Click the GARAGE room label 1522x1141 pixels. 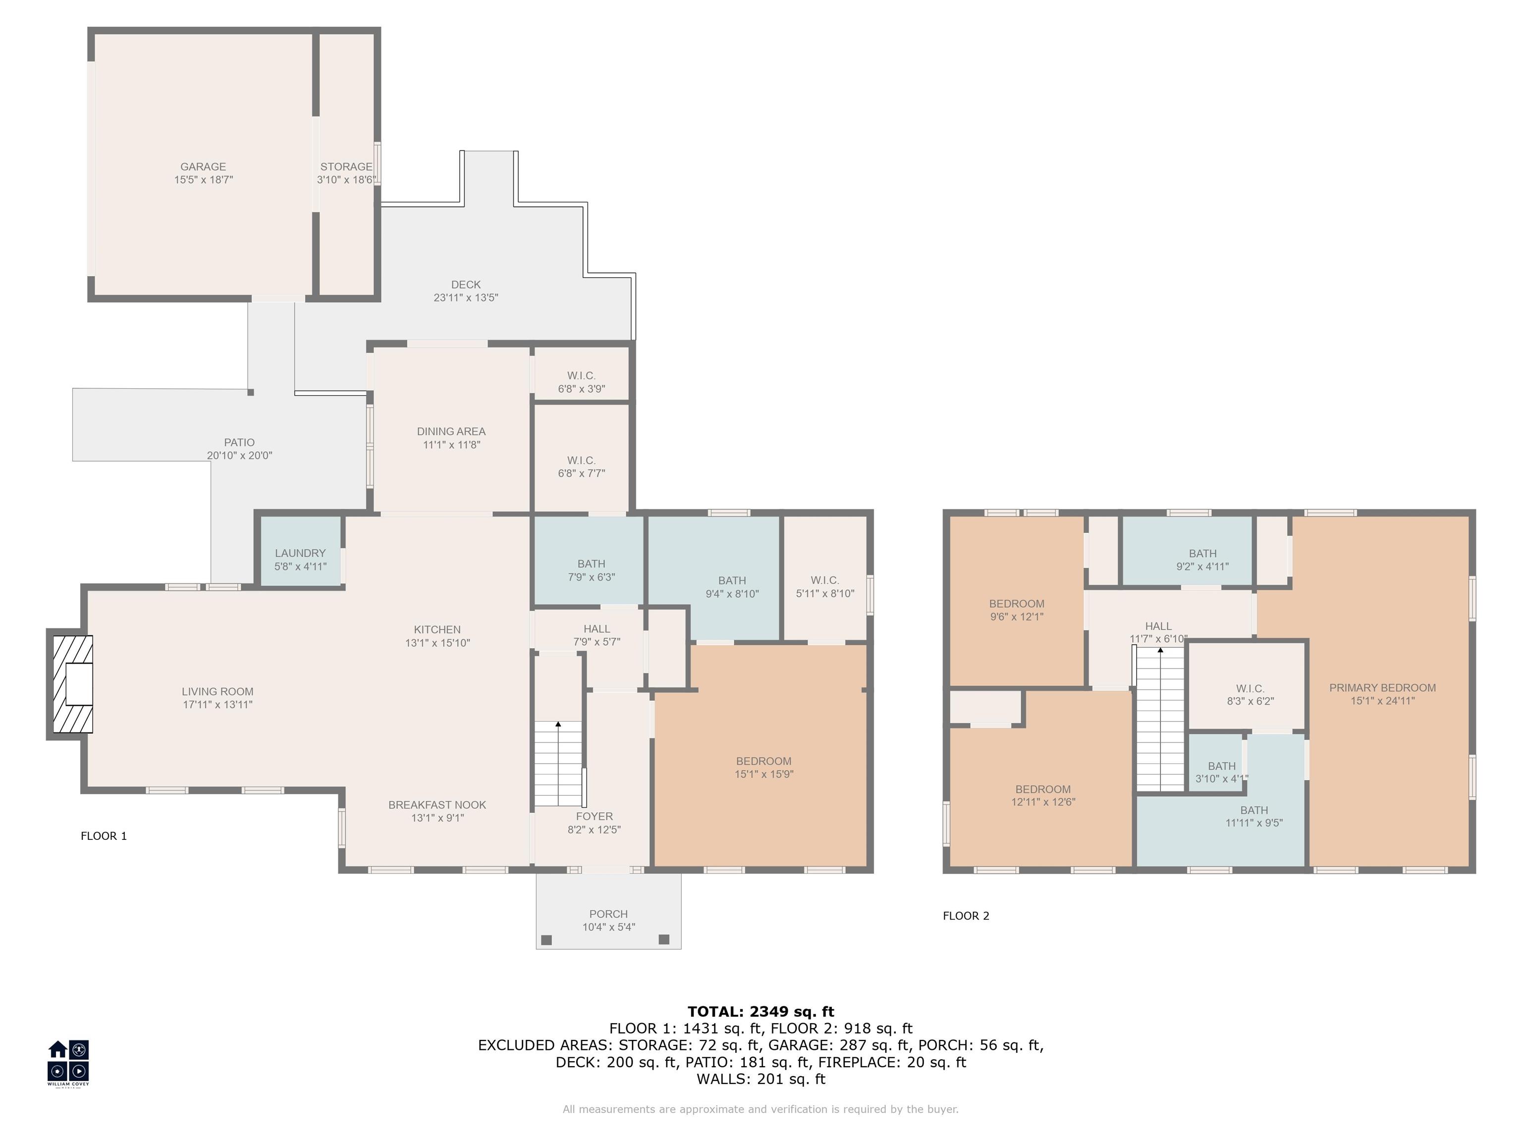[x=203, y=166]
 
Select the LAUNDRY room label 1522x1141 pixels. [x=300, y=553]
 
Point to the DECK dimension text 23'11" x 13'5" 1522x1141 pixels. [x=466, y=298]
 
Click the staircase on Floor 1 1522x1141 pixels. [x=558, y=764]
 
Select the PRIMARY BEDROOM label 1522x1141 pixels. [x=1382, y=688]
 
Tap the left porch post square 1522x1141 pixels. [x=546, y=939]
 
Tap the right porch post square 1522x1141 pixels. [x=664, y=939]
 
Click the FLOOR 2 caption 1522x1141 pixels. [x=965, y=915]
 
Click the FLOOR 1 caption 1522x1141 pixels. [x=104, y=835]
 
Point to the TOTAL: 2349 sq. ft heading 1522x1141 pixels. [x=761, y=1012]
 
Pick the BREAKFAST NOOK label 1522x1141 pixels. [x=437, y=805]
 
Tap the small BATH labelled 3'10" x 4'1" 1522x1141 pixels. [x=1221, y=772]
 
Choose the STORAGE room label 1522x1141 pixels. [x=346, y=166]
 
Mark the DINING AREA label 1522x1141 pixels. [x=451, y=431]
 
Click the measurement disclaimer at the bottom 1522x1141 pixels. [x=761, y=1109]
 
